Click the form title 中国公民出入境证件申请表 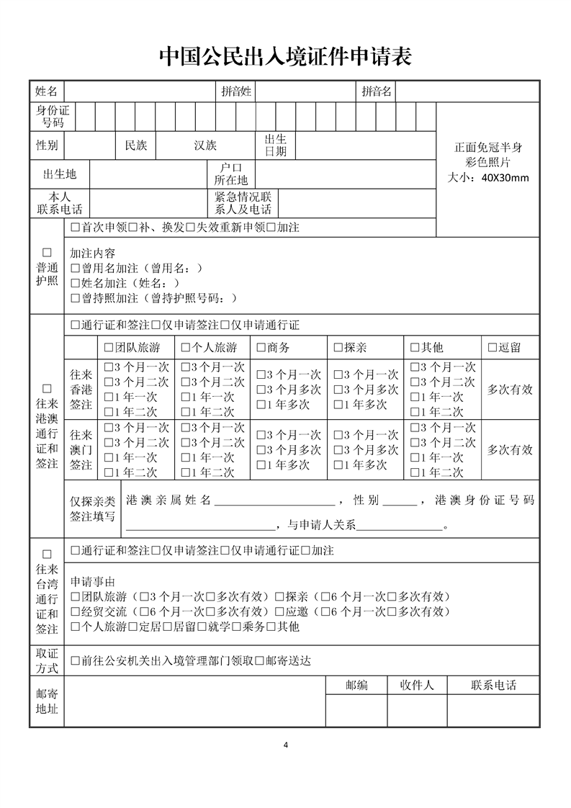285,56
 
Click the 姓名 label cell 47,91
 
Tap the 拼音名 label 377,91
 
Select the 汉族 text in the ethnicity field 205,145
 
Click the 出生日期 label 275,145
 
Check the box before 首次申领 75,228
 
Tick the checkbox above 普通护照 48,253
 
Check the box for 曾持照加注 75,298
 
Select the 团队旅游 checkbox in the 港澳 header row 109,348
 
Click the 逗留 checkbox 493,348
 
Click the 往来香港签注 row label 81,390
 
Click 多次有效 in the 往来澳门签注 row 510,450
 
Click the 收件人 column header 417,685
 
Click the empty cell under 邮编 356,711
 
